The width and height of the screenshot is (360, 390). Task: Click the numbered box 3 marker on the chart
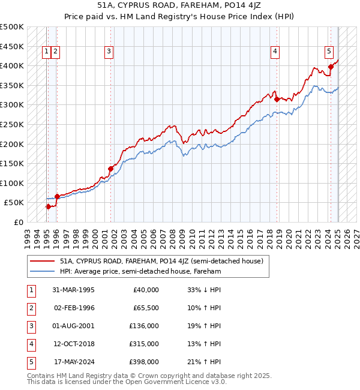(109, 52)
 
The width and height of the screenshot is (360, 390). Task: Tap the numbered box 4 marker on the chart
(275, 52)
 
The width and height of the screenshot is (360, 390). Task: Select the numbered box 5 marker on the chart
(329, 52)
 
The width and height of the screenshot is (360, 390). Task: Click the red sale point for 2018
(277, 99)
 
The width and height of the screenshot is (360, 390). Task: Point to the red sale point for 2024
(331, 67)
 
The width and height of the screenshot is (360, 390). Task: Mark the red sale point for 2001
(111, 169)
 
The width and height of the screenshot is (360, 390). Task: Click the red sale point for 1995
(48, 206)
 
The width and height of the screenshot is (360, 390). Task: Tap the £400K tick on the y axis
(13, 65)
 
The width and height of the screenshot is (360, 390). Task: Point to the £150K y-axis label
(13, 163)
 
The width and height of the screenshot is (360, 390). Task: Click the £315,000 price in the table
(145, 344)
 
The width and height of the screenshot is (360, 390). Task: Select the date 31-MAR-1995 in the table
(73, 290)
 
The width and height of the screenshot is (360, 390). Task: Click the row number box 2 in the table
(30, 308)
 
